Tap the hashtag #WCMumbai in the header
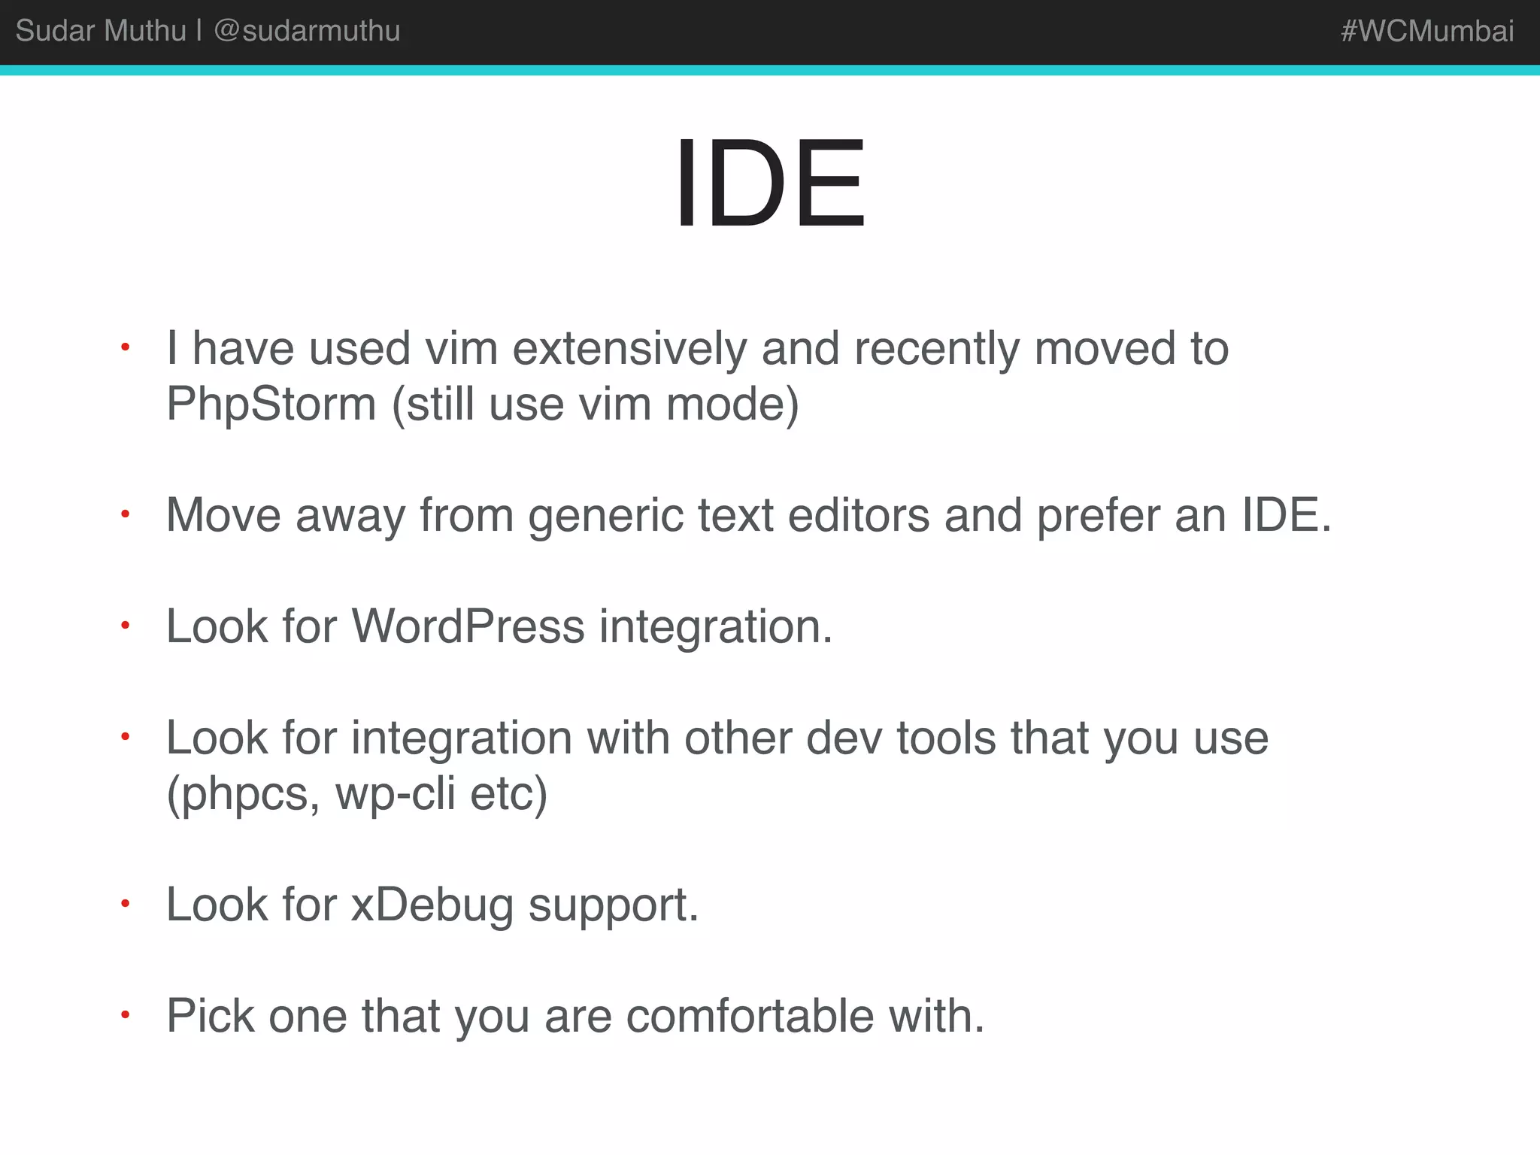1426,32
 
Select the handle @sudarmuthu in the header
307,32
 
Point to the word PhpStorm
271,405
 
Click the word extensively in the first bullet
629,350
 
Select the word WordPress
468,626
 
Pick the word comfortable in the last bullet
750,1017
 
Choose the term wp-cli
396,794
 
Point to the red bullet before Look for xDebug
126,904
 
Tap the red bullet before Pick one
126,1015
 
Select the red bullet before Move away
126,514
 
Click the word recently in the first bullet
936,350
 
